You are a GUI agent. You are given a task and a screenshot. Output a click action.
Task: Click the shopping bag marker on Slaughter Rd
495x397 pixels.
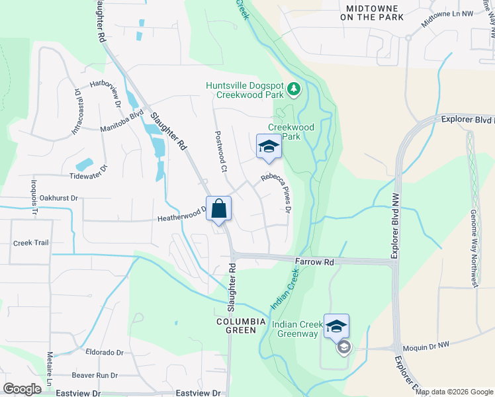218,210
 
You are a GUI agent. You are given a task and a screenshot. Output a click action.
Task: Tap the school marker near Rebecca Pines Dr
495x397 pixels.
269,146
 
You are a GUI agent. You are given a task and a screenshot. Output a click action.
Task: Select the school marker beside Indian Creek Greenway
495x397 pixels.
336,326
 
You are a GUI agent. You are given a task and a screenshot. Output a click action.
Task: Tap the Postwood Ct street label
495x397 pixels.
220,152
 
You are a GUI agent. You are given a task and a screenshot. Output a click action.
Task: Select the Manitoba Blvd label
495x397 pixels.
122,130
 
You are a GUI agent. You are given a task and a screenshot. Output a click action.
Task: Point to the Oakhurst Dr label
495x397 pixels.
59,197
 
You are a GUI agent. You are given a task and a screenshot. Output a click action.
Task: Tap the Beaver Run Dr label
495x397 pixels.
95,375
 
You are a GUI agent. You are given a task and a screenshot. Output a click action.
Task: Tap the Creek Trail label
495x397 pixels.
31,243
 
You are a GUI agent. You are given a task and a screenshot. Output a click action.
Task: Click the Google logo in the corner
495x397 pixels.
22,389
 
